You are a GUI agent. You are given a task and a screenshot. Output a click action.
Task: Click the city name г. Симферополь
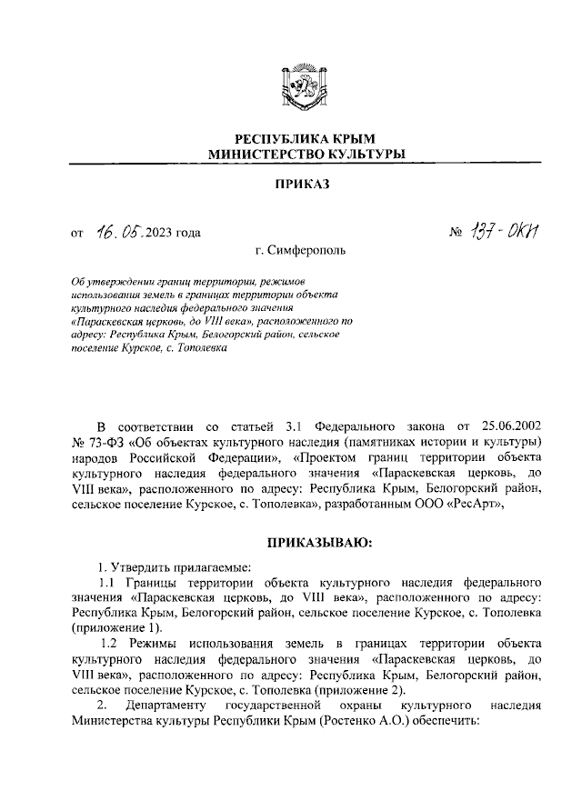point(301,249)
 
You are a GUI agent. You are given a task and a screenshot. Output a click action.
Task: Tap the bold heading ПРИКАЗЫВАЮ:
point(314,544)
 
